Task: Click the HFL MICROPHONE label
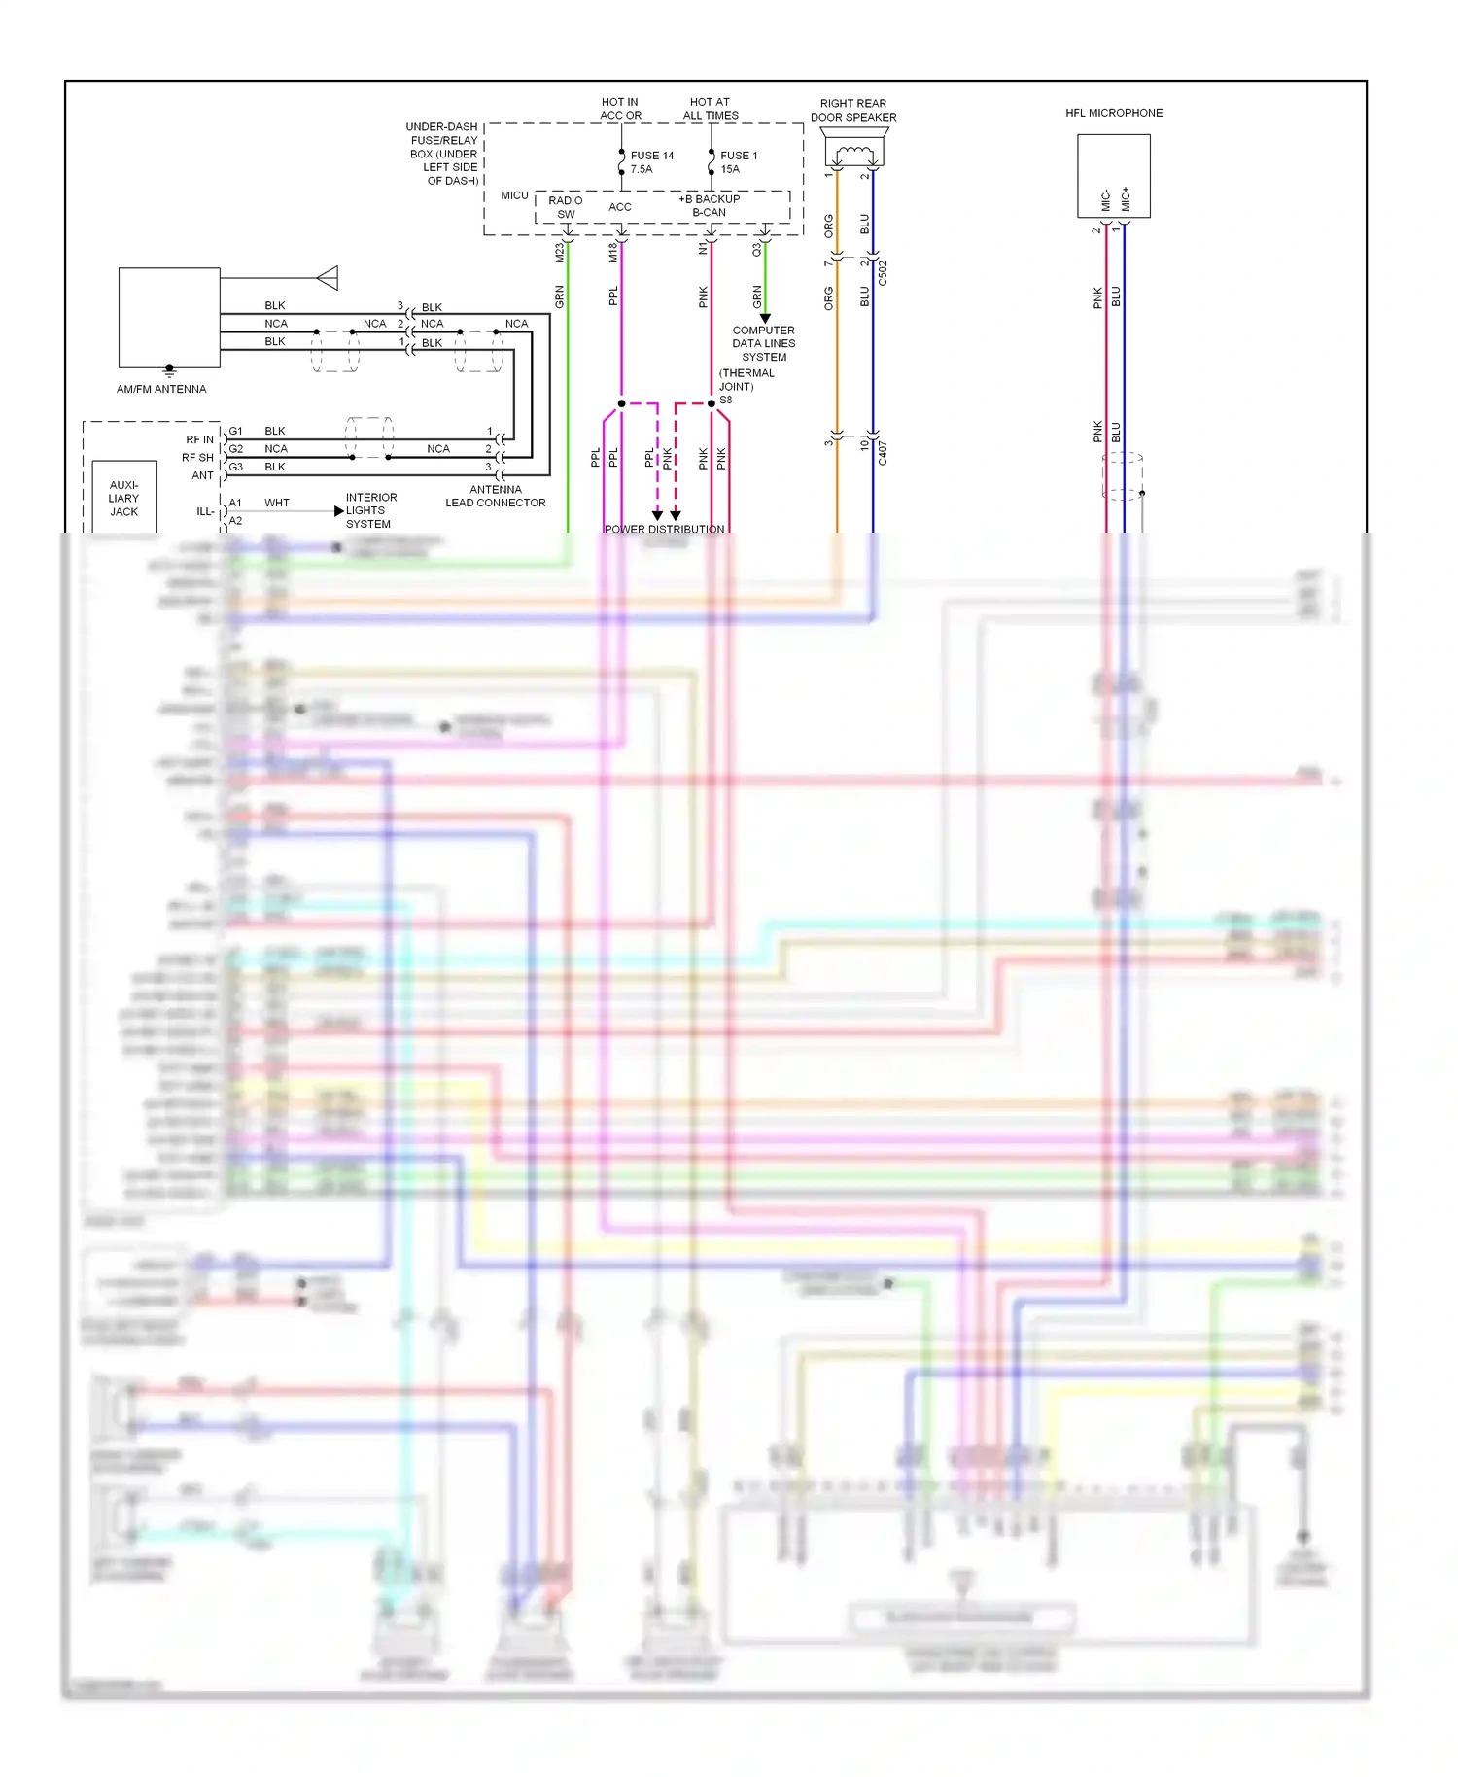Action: (x=1113, y=113)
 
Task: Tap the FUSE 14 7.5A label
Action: (x=651, y=162)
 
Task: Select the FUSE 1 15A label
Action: (x=738, y=162)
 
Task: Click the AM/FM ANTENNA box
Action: (x=169, y=318)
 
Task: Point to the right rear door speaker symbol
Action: (x=854, y=153)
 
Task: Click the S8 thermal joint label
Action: (x=726, y=400)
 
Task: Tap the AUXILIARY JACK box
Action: (x=123, y=498)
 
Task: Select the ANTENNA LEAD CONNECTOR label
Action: (x=496, y=496)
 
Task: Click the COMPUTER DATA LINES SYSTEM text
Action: (x=764, y=343)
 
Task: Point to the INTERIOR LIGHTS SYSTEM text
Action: (x=370, y=510)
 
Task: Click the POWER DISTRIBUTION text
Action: (x=664, y=529)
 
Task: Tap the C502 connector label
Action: (x=883, y=272)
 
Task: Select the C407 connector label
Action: (x=883, y=452)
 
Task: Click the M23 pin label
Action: (x=559, y=253)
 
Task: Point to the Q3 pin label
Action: (x=756, y=250)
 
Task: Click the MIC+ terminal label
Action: (x=1126, y=199)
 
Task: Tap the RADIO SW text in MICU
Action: (x=566, y=207)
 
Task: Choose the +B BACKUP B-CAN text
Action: (x=709, y=205)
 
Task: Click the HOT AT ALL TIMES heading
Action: (x=710, y=108)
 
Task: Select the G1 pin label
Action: (x=235, y=431)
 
